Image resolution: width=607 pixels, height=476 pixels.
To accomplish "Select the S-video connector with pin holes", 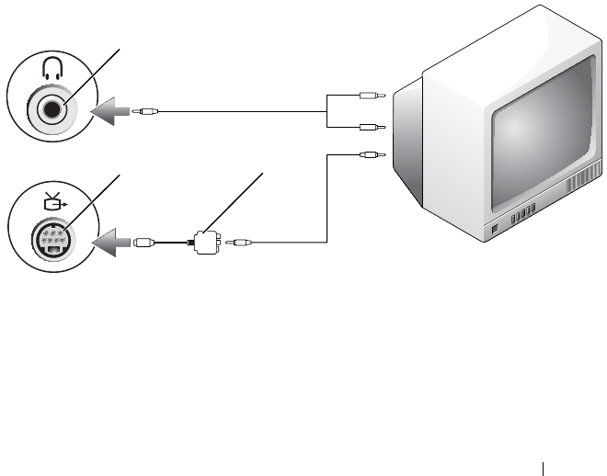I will [52, 241].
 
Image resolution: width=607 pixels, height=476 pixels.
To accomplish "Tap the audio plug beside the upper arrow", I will [147, 112].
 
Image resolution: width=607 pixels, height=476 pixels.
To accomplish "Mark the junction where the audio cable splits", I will [327, 112].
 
